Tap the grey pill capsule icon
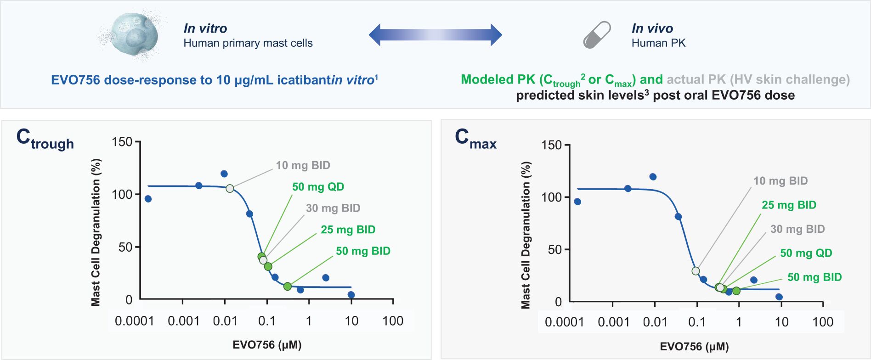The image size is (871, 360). click(x=597, y=35)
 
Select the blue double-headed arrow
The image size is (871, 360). click(x=435, y=35)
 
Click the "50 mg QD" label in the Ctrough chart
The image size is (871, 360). click(x=318, y=187)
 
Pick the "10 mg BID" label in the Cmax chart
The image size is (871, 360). click(x=780, y=181)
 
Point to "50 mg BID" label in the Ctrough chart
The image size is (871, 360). click(x=363, y=251)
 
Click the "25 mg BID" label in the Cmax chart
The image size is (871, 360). click(x=789, y=205)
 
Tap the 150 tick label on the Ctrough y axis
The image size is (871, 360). click(x=122, y=142)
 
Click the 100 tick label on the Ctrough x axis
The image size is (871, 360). click(x=393, y=321)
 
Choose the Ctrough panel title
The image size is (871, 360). click(x=45, y=139)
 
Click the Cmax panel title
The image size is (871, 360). click(x=475, y=139)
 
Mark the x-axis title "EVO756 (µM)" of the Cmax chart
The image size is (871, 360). click(x=694, y=347)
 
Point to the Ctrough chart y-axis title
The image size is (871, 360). click(x=96, y=232)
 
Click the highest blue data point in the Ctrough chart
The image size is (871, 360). click(x=224, y=174)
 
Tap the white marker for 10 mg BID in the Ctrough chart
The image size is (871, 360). click(x=230, y=188)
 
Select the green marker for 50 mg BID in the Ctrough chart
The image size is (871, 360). click(x=288, y=287)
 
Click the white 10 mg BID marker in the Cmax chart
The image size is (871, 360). click(x=696, y=271)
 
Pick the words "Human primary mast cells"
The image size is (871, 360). click(x=248, y=43)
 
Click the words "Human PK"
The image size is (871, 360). click(x=658, y=43)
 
